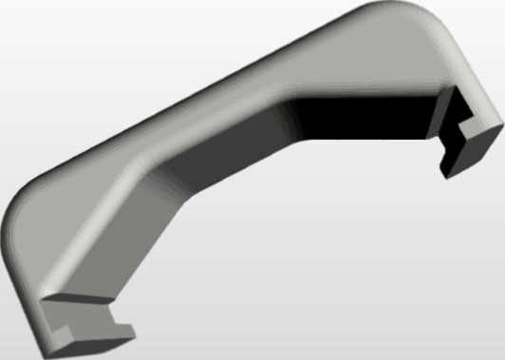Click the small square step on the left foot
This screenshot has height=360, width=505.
tap(66, 331)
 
